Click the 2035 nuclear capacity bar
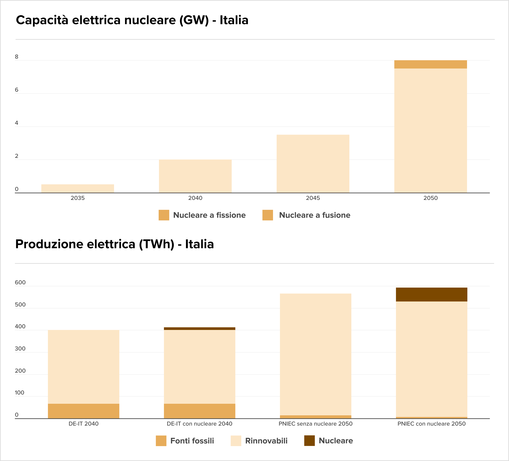pyautogui.click(x=78, y=188)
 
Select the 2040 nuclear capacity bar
pyautogui.click(x=195, y=176)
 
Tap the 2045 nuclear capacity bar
pyautogui.click(x=313, y=164)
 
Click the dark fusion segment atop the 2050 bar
pyautogui.click(x=431, y=64)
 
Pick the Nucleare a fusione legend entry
pyautogui.click(x=306, y=215)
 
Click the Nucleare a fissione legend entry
pyautogui.click(x=202, y=215)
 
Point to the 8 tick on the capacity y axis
pyautogui.click(x=17, y=57)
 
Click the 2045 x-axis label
pyautogui.click(x=313, y=198)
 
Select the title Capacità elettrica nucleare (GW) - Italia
pyautogui.click(x=132, y=20)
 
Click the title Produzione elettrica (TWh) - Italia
pyautogui.click(x=115, y=244)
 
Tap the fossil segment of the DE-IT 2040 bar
pyautogui.click(x=84, y=411)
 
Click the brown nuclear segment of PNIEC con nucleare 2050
pyautogui.click(x=431, y=294)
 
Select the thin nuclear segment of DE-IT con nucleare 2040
pyautogui.click(x=199, y=329)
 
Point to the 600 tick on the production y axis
pyautogui.click(x=20, y=283)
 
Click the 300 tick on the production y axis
pyautogui.click(x=20, y=349)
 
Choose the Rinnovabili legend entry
pyautogui.click(x=259, y=441)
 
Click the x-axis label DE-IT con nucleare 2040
pyautogui.click(x=199, y=424)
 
